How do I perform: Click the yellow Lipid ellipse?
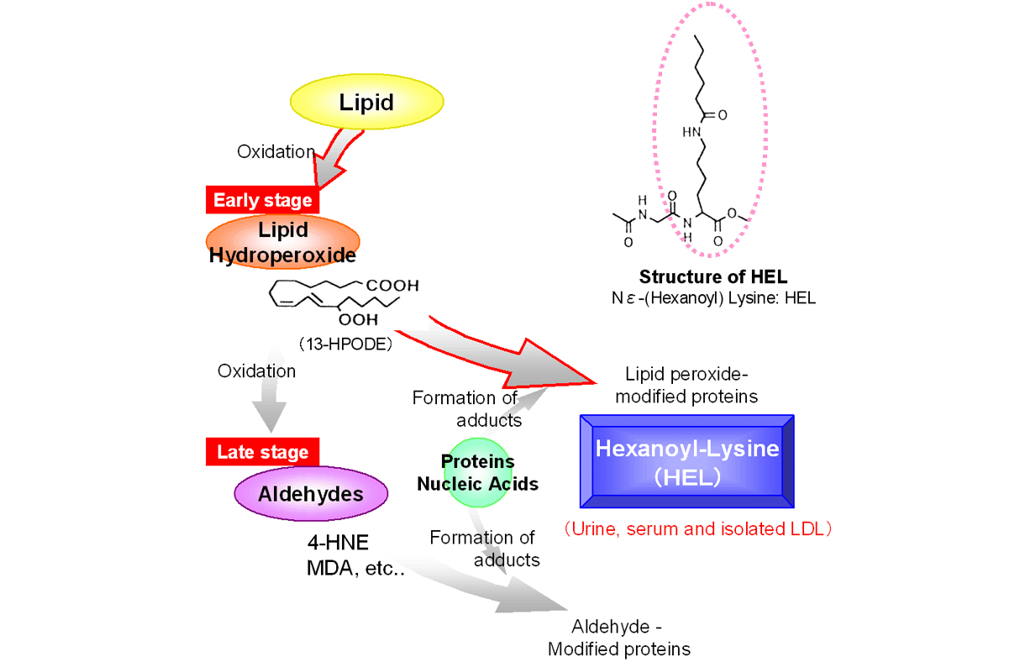click(x=366, y=102)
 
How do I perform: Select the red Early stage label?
click(x=263, y=200)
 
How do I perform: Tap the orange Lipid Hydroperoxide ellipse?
click(x=282, y=241)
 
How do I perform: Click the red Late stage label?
click(x=263, y=452)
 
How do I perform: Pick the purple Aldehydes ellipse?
click(x=311, y=493)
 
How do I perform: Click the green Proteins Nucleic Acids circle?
click(x=477, y=473)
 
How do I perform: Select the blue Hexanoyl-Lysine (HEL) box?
click(x=686, y=460)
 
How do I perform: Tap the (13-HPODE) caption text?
click(x=345, y=344)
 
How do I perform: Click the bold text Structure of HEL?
click(x=712, y=277)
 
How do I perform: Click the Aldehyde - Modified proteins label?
click(x=619, y=638)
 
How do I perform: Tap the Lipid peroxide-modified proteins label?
click(x=686, y=386)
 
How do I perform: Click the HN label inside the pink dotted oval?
click(x=691, y=132)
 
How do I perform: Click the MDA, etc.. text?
click(x=355, y=569)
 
